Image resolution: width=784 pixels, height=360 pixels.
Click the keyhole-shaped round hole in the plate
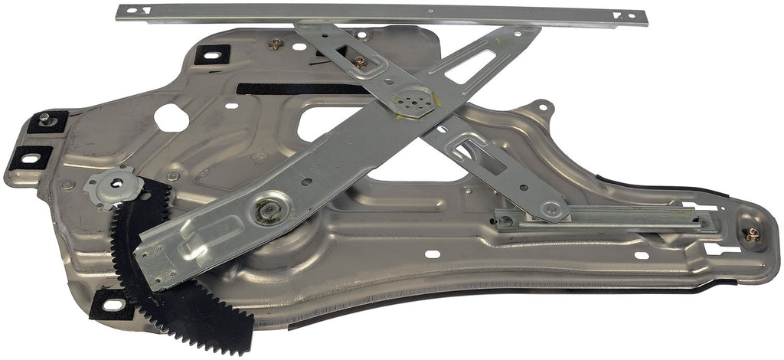[x=170, y=117]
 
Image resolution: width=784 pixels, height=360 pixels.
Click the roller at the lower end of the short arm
[x=550, y=208]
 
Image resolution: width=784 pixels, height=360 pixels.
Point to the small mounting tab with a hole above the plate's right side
[x=543, y=106]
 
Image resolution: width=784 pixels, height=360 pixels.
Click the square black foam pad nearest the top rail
[x=212, y=54]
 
